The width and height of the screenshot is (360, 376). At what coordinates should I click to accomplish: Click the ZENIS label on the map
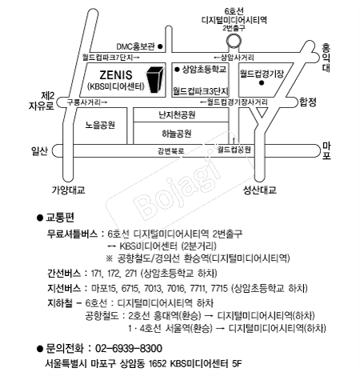(116, 75)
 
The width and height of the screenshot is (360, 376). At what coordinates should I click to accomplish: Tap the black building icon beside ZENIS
(155, 80)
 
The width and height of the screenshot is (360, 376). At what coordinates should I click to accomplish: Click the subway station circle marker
(234, 42)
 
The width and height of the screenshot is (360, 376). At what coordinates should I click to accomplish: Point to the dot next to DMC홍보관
(160, 46)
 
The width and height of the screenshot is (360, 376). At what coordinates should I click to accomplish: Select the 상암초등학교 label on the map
(204, 70)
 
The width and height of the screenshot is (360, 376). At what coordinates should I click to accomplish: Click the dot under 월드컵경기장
(262, 83)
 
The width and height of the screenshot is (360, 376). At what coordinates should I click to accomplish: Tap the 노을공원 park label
(100, 125)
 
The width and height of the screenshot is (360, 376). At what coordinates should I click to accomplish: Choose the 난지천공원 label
(177, 115)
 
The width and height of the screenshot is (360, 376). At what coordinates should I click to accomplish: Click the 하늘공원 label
(177, 134)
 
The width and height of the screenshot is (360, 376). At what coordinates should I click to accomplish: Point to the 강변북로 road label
(171, 151)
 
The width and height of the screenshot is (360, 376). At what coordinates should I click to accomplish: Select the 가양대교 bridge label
(69, 190)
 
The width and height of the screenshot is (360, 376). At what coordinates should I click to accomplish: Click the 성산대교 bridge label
(259, 190)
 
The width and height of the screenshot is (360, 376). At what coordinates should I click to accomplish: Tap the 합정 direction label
(308, 102)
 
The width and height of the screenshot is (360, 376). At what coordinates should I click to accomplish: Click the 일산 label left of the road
(39, 151)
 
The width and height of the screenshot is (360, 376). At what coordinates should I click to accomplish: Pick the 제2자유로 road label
(42, 101)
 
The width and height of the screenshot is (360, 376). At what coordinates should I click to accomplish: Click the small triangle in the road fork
(262, 112)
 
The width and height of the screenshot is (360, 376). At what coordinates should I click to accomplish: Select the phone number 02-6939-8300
(129, 349)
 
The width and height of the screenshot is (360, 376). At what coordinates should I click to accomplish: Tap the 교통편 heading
(60, 218)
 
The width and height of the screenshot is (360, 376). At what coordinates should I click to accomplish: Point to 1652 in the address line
(158, 363)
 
